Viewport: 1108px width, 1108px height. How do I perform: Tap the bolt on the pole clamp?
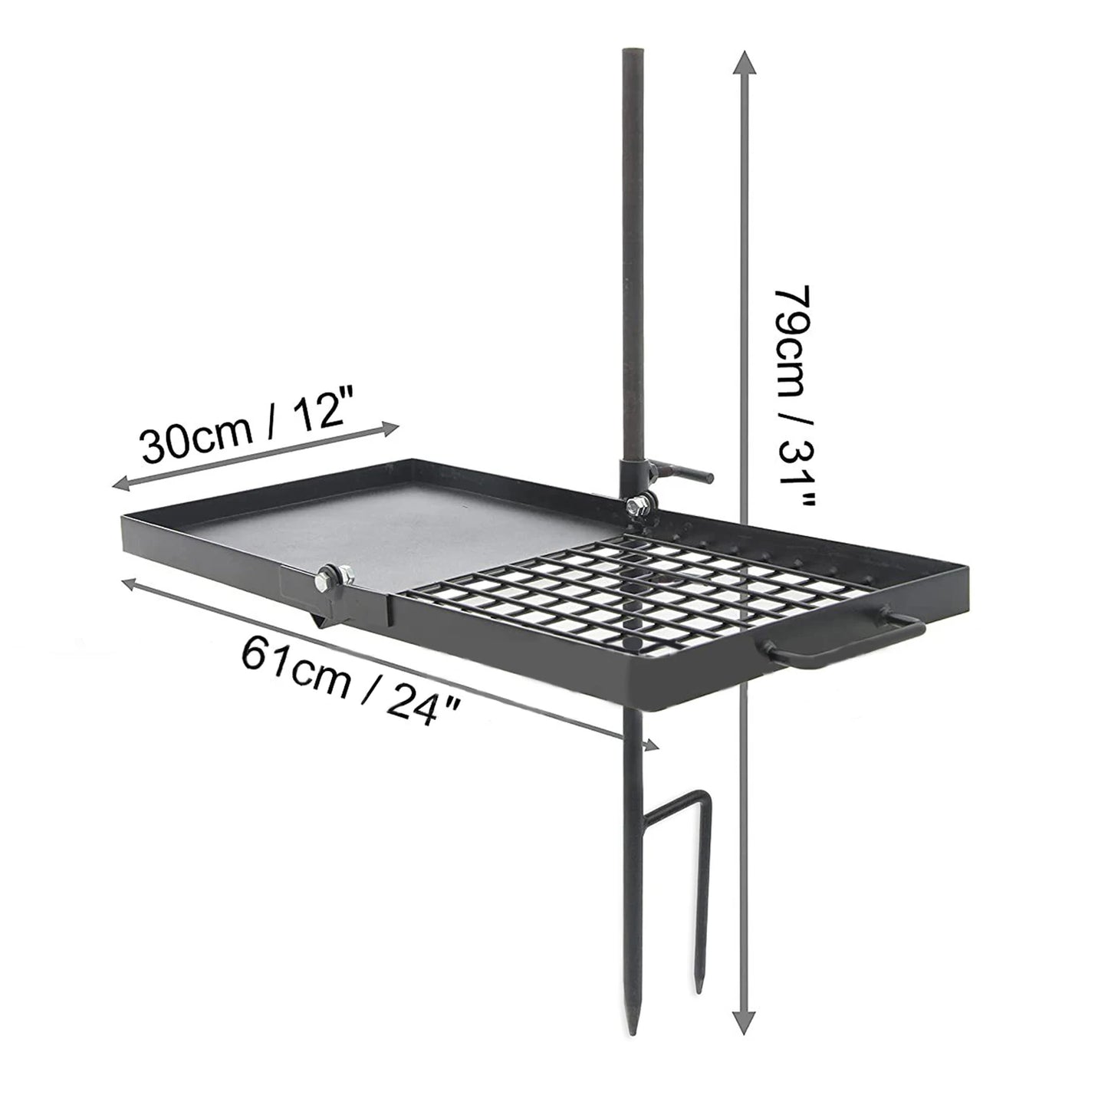[x=636, y=505]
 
